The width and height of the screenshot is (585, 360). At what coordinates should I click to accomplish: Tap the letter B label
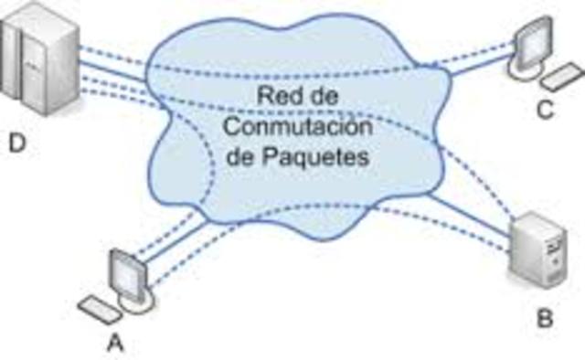tap(545, 319)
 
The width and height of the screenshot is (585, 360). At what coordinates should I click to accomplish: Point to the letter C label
tap(546, 111)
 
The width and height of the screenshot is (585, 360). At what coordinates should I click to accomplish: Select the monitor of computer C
tap(530, 41)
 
